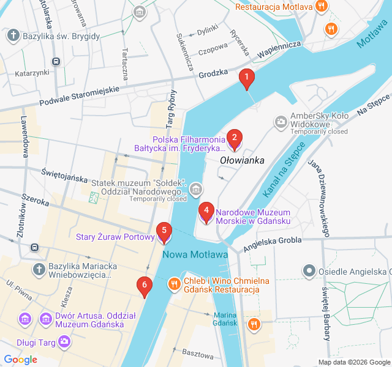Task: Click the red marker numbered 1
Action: tap(246, 78)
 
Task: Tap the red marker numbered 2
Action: tap(233, 138)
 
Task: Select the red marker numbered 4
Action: tap(206, 211)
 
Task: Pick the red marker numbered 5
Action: tap(164, 231)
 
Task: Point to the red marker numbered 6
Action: tap(145, 284)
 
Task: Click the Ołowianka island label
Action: tap(242, 161)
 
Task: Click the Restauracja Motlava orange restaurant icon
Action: tap(322, 7)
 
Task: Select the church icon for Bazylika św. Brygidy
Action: tap(13, 36)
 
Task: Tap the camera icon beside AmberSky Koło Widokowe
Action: tap(281, 122)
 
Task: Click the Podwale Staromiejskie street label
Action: tap(78, 95)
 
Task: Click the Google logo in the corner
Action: tap(20, 360)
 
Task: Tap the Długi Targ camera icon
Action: tap(64, 341)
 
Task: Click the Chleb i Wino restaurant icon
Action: tap(175, 283)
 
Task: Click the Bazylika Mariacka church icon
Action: tap(38, 269)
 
